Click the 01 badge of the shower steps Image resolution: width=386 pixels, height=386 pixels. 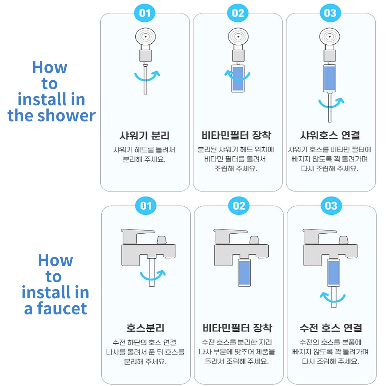[x=145, y=13]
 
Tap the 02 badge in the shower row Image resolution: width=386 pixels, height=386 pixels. [x=238, y=13]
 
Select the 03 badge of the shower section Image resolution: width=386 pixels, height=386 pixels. [x=330, y=13]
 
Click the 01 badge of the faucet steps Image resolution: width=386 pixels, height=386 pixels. [x=146, y=205]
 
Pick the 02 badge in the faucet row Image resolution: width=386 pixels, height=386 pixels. [x=239, y=205]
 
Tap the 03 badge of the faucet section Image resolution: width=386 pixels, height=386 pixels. [x=331, y=205]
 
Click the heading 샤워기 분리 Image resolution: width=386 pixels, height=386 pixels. [x=145, y=135]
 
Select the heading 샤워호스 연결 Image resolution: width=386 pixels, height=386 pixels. [x=330, y=135]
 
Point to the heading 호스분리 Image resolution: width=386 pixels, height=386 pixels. [x=145, y=328]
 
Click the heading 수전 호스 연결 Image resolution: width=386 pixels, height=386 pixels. [x=331, y=328]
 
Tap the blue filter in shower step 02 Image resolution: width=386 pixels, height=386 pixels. [x=238, y=78]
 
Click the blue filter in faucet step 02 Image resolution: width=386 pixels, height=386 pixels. [x=244, y=273]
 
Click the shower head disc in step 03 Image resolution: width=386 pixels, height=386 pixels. [x=329, y=37]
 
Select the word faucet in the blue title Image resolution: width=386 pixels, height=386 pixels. [x=62, y=308]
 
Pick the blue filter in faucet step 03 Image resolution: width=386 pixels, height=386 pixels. [x=334, y=273]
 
